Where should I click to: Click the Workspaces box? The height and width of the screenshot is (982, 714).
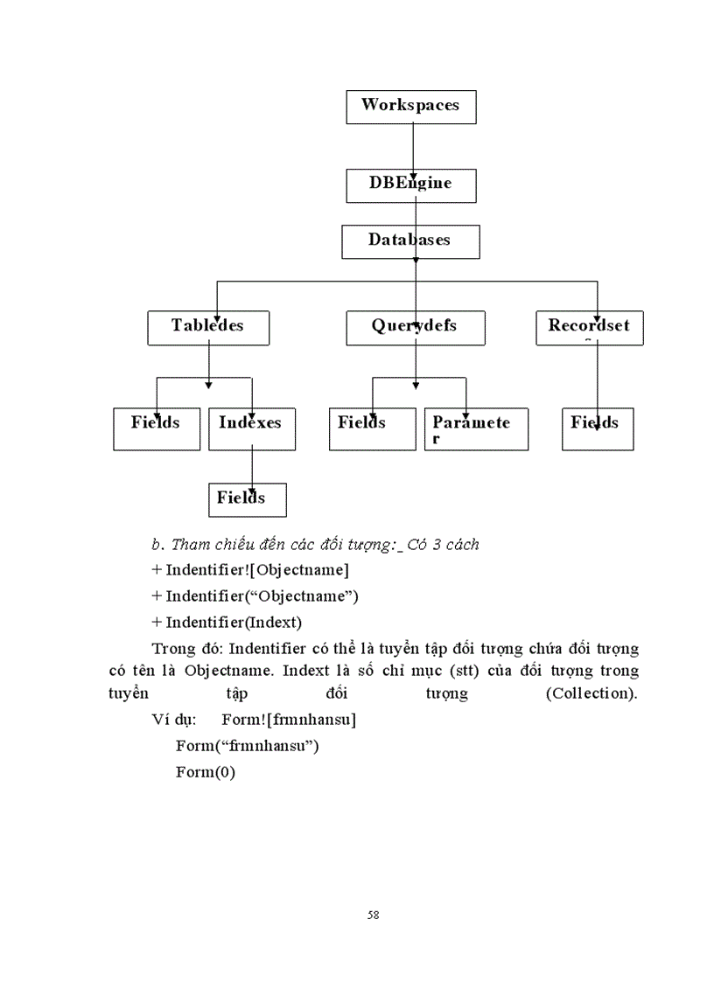coord(410,106)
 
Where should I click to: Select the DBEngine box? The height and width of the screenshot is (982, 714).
coord(410,185)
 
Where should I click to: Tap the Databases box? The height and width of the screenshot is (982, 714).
coord(410,241)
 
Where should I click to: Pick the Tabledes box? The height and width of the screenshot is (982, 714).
coord(208,328)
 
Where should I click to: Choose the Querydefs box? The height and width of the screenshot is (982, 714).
coord(415,328)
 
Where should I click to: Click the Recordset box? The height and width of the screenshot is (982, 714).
coord(589,328)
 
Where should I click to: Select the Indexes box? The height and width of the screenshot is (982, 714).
coord(252,428)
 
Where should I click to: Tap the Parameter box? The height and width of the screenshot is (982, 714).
coord(476,428)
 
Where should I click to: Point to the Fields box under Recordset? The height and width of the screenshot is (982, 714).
coord(597,428)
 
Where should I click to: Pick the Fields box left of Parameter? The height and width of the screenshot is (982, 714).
coord(372,428)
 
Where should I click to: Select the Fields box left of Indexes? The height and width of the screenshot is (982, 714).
coord(157,428)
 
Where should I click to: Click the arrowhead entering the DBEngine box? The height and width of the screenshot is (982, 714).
coord(413,174)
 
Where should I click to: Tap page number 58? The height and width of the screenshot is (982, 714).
coord(374,915)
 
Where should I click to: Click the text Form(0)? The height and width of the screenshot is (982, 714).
coord(206,772)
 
